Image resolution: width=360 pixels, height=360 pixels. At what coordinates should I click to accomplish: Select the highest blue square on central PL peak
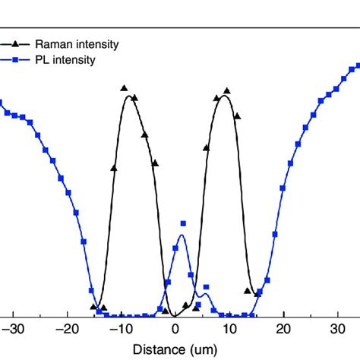(x=183, y=223)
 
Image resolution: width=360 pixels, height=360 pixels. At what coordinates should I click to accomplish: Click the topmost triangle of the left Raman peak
(x=125, y=90)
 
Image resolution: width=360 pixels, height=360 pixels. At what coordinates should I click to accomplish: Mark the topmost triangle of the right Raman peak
(x=226, y=91)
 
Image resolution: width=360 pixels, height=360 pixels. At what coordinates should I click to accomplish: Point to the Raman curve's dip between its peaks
(x=174, y=315)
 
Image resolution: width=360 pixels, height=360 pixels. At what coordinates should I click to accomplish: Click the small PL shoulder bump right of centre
(x=204, y=295)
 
